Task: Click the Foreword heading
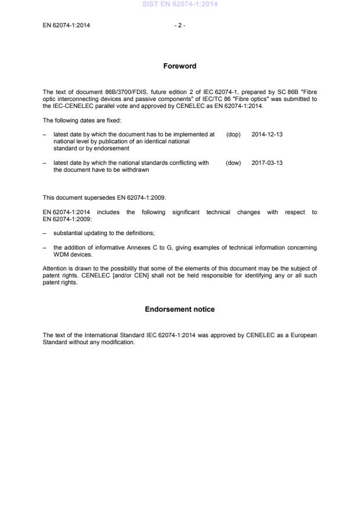coord(180,66)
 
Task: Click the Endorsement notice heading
coord(179,309)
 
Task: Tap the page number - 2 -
coord(180,26)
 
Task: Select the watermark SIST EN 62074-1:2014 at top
coord(179,5)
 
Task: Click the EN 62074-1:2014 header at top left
coord(66,26)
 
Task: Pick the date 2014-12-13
coord(267,135)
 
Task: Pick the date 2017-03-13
coord(267,163)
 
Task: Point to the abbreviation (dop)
coord(233,135)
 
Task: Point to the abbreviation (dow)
coord(233,163)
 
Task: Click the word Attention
coord(55,268)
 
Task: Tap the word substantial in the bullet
coord(67,233)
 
